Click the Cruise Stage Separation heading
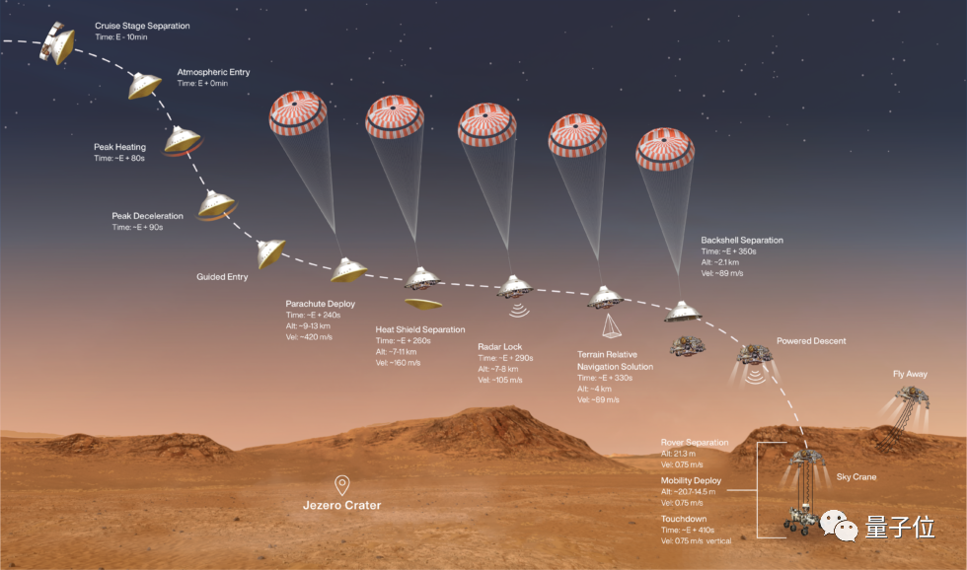142,26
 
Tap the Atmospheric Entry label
214,72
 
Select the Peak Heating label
119,147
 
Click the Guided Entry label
222,277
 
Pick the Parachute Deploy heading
320,304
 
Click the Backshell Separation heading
741,240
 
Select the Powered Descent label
810,341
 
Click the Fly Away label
911,375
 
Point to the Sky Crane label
855,477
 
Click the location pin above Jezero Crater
341,484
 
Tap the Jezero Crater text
341,506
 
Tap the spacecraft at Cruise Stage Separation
57,43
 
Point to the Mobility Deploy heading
691,481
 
